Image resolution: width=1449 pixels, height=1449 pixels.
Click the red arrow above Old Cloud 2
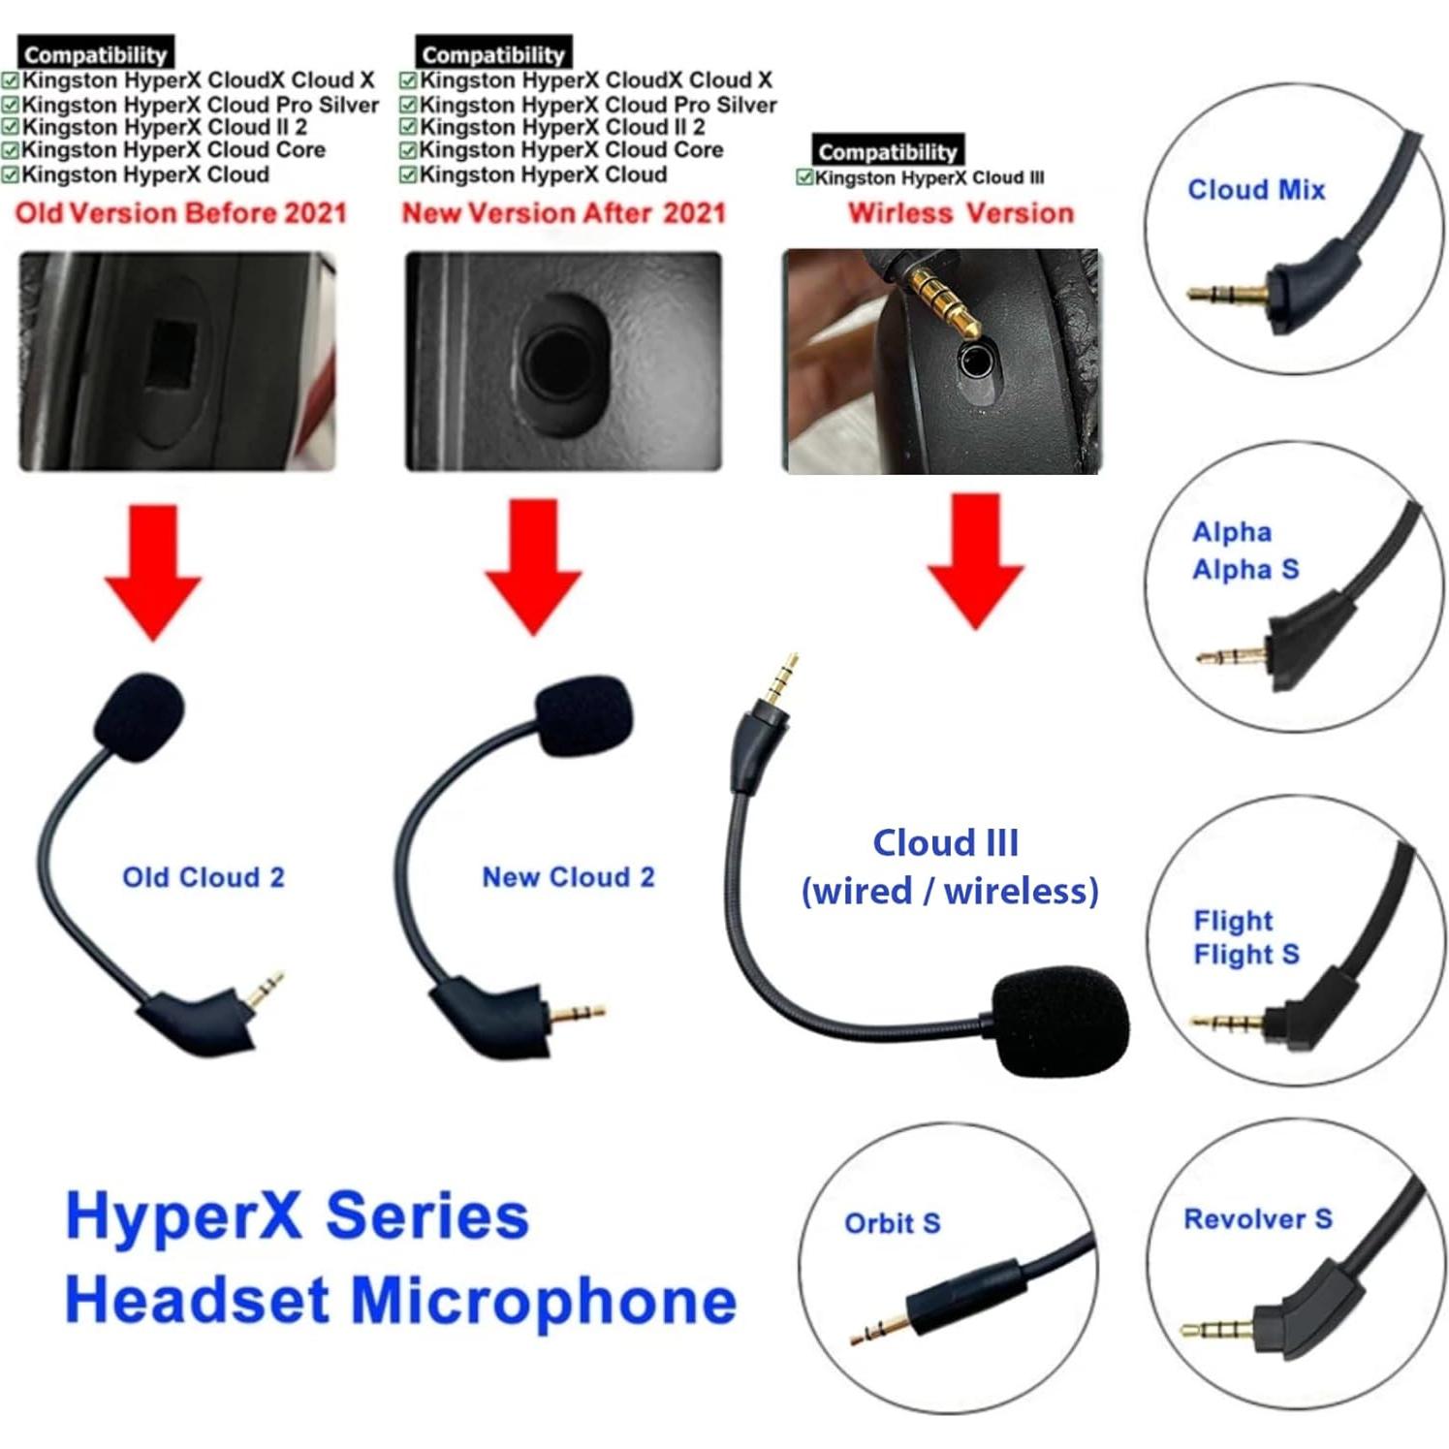(153, 572)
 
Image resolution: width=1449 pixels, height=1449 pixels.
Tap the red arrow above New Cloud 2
(533, 567)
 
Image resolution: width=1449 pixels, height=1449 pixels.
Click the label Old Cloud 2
(204, 877)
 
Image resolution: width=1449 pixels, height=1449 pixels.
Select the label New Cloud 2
(568, 877)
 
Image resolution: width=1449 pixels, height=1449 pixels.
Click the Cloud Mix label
(1256, 190)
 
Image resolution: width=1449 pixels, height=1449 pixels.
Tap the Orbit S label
(892, 1223)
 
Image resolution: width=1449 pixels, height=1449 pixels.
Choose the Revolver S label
(1257, 1219)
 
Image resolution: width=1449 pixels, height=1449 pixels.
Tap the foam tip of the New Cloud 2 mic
(584, 715)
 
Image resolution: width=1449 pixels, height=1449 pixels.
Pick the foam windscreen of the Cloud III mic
(1060, 1021)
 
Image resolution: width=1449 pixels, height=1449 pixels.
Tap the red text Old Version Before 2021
(181, 213)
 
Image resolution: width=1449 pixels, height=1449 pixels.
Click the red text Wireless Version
(961, 213)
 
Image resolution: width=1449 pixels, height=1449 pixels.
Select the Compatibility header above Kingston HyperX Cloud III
(887, 151)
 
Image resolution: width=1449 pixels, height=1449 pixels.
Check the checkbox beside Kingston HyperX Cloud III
(803, 177)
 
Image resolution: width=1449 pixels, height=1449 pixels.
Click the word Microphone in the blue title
(543, 1301)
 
